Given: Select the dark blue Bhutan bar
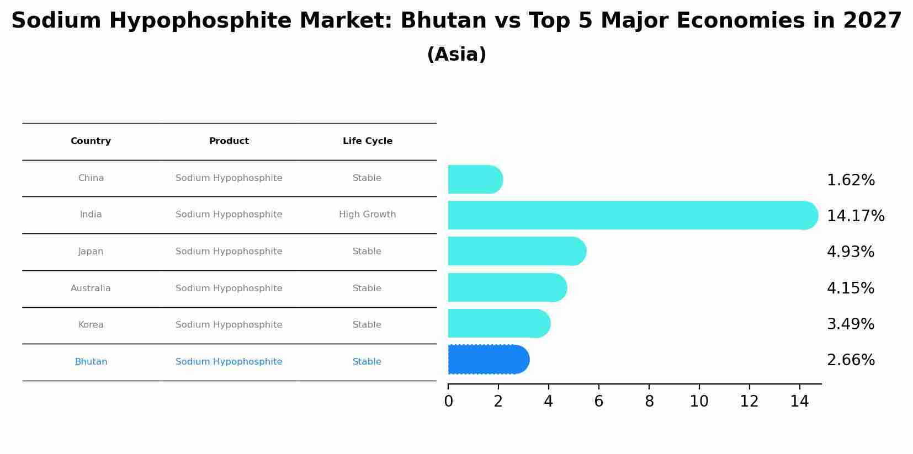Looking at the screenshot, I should coord(489,360).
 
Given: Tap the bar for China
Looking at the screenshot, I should coord(475,179).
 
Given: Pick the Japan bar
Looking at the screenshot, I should coord(517,251).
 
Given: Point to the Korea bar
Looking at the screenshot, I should coord(499,323).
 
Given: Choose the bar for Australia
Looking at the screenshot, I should coord(507,287).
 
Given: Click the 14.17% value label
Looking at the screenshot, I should coord(856,216).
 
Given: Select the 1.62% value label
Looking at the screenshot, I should coord(851,180).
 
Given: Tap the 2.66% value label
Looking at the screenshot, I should coord(851,360).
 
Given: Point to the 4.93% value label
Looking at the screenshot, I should coord(851,252).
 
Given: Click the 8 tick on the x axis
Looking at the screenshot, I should coord(649,402).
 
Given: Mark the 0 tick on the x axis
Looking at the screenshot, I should coord(448,402).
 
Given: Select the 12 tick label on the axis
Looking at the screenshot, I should coord(749,402).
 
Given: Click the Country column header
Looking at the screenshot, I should coord(91,141).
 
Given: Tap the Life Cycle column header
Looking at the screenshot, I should coord(368,141).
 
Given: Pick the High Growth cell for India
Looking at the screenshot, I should coord(368,215).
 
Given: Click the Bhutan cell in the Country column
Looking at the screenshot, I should coord(91,362).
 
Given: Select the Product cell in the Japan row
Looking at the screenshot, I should coord(229,252).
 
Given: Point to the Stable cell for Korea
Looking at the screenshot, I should coord(367,325).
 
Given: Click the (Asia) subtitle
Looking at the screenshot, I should coord(456,55).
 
